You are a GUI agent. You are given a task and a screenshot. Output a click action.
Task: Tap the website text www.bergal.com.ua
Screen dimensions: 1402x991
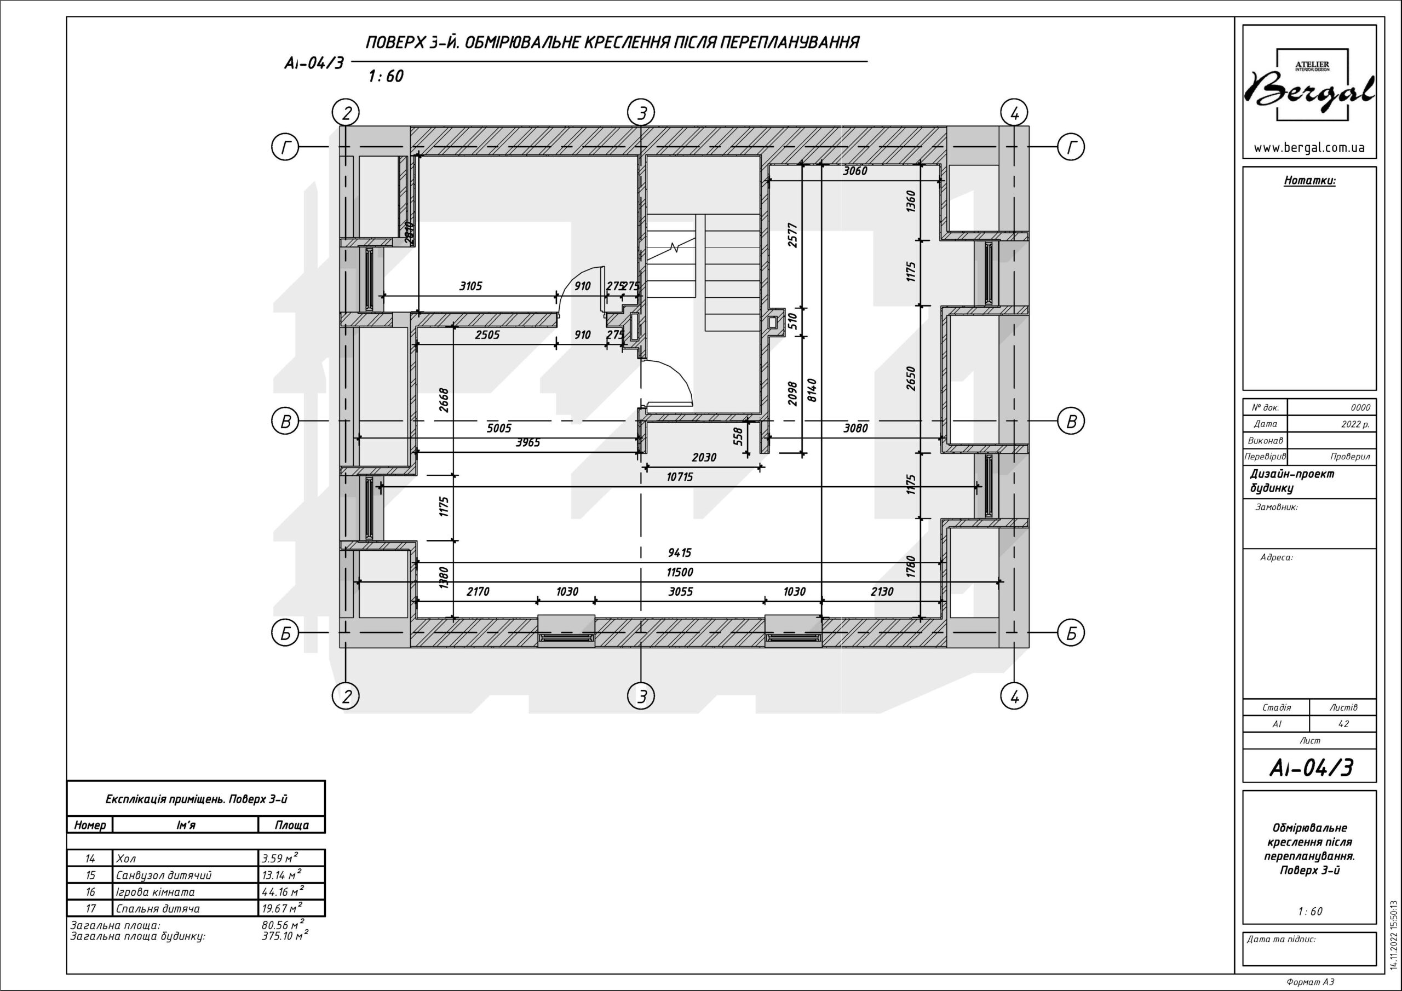point(1309,148)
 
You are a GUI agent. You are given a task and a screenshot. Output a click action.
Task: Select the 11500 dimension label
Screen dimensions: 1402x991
point(680,572)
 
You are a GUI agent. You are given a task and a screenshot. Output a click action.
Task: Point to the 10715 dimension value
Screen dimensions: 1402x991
point(680,477)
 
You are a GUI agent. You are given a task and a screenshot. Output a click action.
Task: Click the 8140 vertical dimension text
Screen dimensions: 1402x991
point(812,390)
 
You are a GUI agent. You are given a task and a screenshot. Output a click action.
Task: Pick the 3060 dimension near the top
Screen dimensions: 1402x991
point(855,171)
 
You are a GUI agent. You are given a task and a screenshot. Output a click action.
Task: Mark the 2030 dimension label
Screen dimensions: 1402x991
point(704,457)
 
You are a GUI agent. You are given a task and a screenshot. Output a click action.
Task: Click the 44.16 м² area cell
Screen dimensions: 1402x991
point(281,891)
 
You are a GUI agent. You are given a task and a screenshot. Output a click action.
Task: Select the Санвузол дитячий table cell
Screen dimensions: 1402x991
point(164,875)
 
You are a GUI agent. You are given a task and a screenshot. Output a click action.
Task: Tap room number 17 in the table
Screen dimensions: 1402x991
point(90,908)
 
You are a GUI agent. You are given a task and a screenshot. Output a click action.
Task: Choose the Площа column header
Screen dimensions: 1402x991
point(291,825)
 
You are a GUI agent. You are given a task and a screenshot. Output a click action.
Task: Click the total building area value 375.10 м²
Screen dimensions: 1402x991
point(285,936)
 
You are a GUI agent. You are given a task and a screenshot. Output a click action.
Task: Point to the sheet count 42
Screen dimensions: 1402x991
point(1343,724)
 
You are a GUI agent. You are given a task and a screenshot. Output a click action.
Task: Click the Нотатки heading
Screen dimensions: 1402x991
point(1310,181)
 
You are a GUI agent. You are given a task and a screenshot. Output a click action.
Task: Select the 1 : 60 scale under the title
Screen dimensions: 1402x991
point(386,76)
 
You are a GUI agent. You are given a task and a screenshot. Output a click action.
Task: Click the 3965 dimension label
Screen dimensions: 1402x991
point(527,443)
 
